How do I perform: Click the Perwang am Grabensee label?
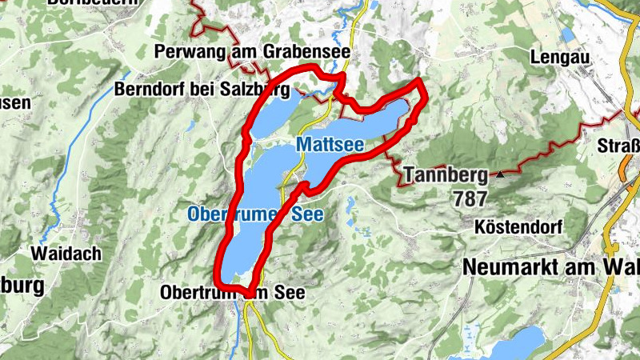pyautogui.click(x=252, y=52)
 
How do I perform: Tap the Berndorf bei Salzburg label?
pyautogui.click(x=202, y=89)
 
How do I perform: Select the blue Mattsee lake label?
pyautogui.click(x=330, y=145)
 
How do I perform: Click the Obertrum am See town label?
pyautogui.click(x=233, y=293)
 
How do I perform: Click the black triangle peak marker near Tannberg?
pyautogui.click(x=501, y=173)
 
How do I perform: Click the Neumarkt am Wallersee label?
pyautogui.click(x=551, y=268)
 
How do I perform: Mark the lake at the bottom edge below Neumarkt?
pyautogui.click(x=512, y=346)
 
